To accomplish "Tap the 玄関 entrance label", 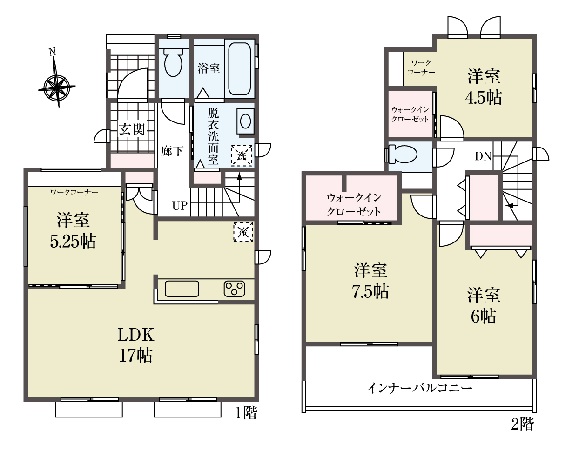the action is [x=132, y=129].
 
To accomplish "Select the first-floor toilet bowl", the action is [x=173, y=62].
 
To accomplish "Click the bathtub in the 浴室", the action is [x=239, y=69].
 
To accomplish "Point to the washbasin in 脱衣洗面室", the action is [x=245, y=121].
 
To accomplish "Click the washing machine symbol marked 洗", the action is [x=242, y=156].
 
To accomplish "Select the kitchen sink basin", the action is [x=182, y=289].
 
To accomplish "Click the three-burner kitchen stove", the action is [x=235, y=289].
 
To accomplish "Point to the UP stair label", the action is [x=180, y=206].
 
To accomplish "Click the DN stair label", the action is [x=483, y=156].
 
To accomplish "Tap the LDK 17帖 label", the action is [x=136, y=345].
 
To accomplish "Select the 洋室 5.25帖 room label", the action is [x=73, y=231].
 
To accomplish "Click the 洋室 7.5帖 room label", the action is [x=371, y=281].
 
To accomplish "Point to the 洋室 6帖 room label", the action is [x=484, y=306].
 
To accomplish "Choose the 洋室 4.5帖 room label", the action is [x=484, y=87].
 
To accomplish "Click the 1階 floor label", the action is [x=246, y=413].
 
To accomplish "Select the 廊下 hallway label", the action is [x=172, y=151].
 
